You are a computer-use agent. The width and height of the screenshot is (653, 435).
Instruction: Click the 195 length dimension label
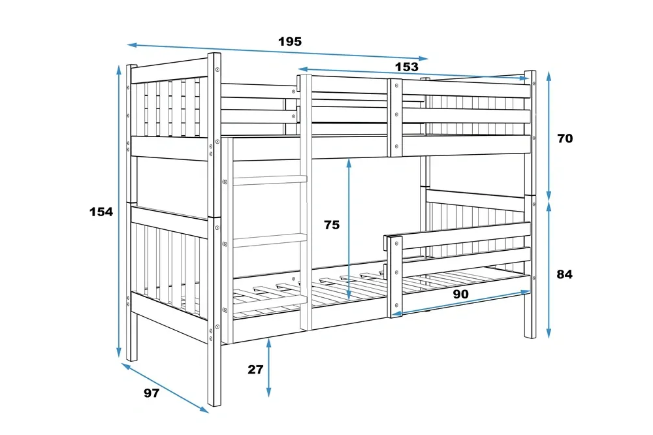click(290, 42)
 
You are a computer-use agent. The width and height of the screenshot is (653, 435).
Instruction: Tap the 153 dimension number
click(406, 67)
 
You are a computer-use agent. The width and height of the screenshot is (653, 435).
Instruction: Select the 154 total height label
click(101, 212)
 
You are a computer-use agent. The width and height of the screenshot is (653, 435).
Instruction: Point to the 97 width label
click(151, 393)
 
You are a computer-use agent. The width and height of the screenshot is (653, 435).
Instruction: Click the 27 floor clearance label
click(256, 369)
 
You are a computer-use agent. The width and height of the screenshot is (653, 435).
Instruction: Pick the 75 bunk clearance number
click(332, 225)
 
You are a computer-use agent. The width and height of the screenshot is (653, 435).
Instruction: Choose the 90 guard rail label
click(460, 294)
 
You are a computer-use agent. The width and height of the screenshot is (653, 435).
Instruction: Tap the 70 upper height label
click(565, 138)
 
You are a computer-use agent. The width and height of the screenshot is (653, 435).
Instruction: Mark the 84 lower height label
click(565, 274)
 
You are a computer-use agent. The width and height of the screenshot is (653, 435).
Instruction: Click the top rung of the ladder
click(270, 180)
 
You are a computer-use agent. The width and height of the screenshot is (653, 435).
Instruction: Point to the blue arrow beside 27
click(269, 368)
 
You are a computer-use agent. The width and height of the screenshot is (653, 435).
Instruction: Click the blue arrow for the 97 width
click(165, 387)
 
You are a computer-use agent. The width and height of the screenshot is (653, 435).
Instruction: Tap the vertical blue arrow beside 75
click(349, 230)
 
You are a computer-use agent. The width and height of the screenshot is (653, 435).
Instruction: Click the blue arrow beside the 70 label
click(549, 136)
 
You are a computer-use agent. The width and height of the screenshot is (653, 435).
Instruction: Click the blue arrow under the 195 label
click(278, 52)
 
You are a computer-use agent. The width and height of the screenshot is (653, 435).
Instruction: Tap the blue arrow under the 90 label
click(461, 302)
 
